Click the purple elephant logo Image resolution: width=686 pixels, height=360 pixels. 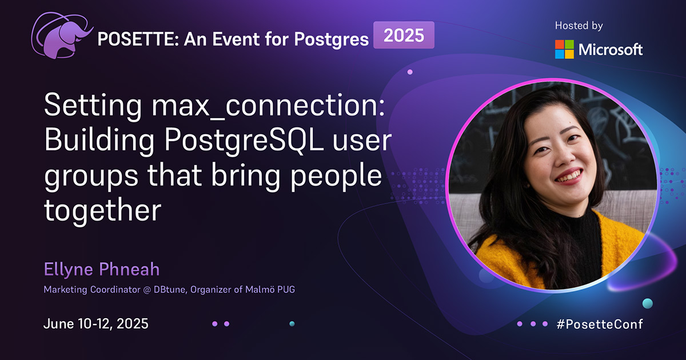pyautogui.click(x=61, y=37)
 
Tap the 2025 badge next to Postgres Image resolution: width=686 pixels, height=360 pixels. pyautogui.click(x=404, y=35)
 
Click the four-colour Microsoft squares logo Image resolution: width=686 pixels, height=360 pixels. pyautogui.click(x=564, y=49)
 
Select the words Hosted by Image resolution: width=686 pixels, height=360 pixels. pyautogui.click(x=579, y=26)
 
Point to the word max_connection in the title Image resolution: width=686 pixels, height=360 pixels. pyautogui.click(x=268, y=105)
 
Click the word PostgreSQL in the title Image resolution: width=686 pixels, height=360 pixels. pyautogui.click(x=244, y=140)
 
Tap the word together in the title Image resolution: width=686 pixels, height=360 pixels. pyautogui.click(x=102, y=210)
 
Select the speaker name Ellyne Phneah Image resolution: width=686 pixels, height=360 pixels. pyautogui.click(x=102, y=269)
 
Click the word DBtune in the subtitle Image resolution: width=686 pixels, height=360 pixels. pyautogui.click(x=170, y=290)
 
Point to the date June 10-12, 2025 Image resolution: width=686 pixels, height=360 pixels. pyautogui.click(x=96, y=323)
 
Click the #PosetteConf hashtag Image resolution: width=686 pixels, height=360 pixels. pyautogui.click(x=600, y=324)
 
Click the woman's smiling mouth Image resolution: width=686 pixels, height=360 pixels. pyautogui.click(x=569, y=177)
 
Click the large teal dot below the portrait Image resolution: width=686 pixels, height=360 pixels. pyautogui.click(x=647, y=303)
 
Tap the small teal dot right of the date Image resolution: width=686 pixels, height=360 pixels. pyautogui.click(x=292, y=323)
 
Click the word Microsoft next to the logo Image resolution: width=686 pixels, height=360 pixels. pyautogui.click(x=611, y=50)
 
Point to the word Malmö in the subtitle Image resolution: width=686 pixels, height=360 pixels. pyautogui.click(x=260, y=289)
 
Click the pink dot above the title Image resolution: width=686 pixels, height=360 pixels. pyautogui.click(x=410, y=72)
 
